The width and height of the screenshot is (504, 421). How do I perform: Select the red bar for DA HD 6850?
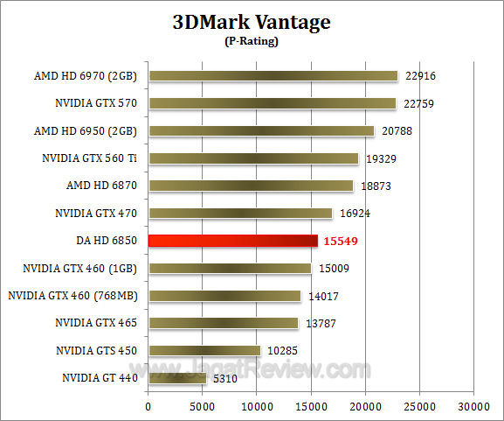pyautogui.click(x=232, y=241)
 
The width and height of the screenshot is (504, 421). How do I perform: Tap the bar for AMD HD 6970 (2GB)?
pyautogui.click(x=273, y=76)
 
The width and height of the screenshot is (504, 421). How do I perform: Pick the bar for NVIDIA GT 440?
pyautogui.click(x=177, y=378)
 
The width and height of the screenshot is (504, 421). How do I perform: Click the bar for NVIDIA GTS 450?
pyautogui.click(x=204, y=350)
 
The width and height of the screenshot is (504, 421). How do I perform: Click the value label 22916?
pyautogui.click(x=420, y=76)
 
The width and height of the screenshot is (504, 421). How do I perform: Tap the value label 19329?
pyautogui.click(x=381, y=158)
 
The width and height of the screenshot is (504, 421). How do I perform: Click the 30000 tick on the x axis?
pyautogui.click(x=473, y=407)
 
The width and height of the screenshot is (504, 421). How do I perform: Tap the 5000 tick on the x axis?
pyautogui.click(x=203, y=407)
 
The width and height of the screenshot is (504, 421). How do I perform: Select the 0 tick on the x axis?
pyautogui.click(x=148, y=407)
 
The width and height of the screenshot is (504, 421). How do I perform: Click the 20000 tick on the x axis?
pyautogui.click(x=365, y=407)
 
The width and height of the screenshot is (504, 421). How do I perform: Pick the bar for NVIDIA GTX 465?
pyautogui.click(x=223, y=323)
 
